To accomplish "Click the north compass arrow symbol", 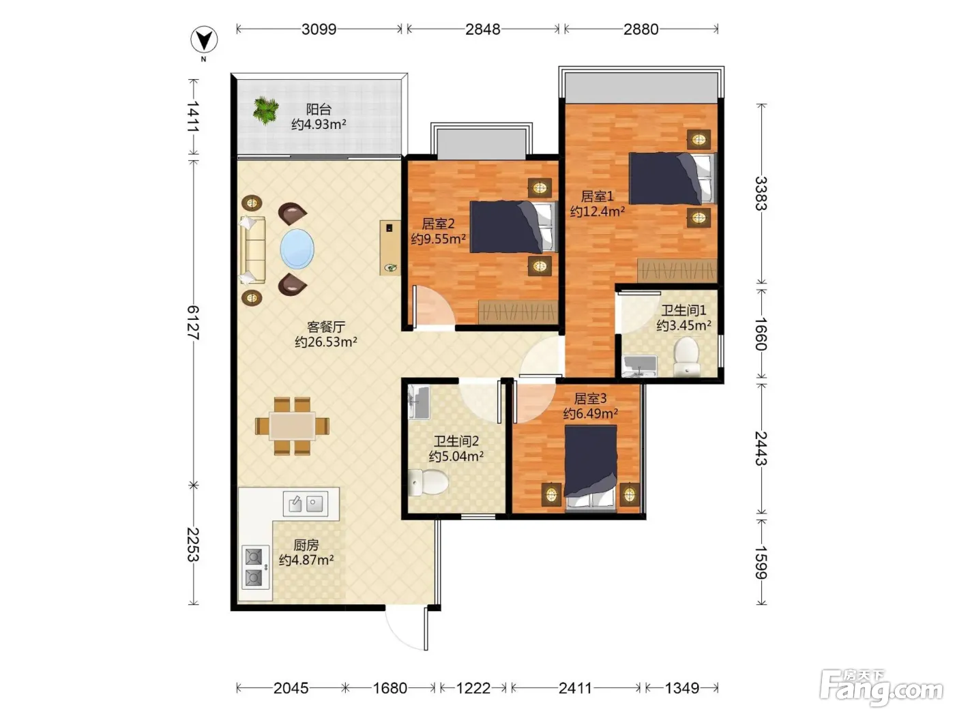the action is click(204, 40).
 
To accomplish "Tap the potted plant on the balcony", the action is click(265, 110).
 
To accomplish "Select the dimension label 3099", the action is click(319, 29).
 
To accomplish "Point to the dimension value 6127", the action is click(193, 323).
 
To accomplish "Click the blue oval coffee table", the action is click(297, 249).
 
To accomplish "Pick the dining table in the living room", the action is click(292, 426).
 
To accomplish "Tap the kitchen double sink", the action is click(305, 504).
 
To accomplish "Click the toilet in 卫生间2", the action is click(428, 481).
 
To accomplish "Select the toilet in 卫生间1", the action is click(686, 357).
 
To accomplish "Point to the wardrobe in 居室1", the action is click(677, 271).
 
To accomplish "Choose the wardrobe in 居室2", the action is click(518, 311).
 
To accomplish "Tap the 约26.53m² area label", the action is click(326, 342).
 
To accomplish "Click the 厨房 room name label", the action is click(306, 545).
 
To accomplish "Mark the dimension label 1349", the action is click(681, 688).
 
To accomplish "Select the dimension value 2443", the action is click(761, 448).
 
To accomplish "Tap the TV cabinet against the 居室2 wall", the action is click(390, 248).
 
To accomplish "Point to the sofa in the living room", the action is click(252, 250).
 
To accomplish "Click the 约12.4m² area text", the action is click(598, 211).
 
